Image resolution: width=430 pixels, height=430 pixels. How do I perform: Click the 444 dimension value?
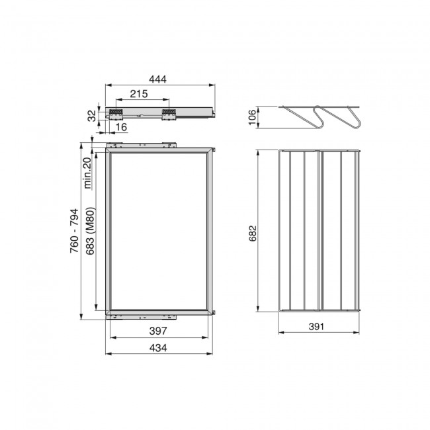click(x=157, y=79)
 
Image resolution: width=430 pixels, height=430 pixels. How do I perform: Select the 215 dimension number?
click(x=139, y=94)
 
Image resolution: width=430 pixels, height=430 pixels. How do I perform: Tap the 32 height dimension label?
click(x=93, y=116)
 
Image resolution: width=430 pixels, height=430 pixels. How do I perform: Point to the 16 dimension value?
click(x=121, y=127)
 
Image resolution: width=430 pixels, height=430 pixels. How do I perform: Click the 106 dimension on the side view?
click(x=252, y=117)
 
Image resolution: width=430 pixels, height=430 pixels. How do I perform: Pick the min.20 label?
click(x=87, y=173)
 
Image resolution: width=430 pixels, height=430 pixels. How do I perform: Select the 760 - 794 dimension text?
click(x=74, y=231)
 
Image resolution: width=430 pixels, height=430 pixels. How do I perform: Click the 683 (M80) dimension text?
click(x=90, y=231)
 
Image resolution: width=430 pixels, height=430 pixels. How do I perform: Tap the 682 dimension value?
click(x=253, y=234)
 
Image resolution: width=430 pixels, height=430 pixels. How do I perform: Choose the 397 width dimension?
click(x=158, y=331)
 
